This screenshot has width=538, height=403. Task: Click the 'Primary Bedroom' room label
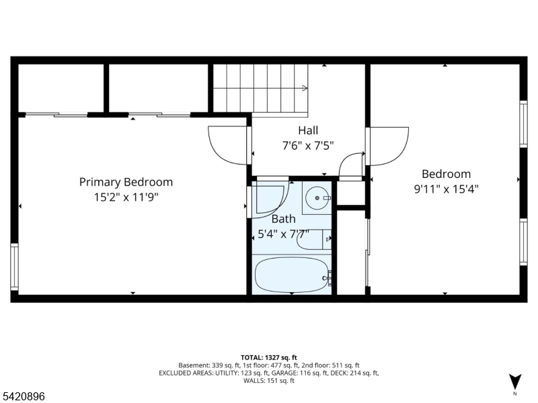tap(126, 182)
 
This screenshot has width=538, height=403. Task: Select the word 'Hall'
tap(308, 130)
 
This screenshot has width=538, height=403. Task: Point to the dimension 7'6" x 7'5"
tap(308, 145)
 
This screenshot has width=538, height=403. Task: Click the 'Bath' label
tap(283, 219)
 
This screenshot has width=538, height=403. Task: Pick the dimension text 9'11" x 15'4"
tap(446, 189)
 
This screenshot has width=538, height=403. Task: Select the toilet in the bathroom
tap(313, 240)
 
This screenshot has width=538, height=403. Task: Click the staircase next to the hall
tap(262, 88)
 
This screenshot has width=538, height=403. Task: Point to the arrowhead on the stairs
tap(305, 88)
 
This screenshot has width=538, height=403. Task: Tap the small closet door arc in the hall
tap(351, 167)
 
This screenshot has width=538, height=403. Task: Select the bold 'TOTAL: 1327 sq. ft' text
tap(269, 357)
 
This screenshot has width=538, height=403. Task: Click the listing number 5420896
tap(23, 397)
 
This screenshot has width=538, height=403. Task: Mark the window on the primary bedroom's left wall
tap(14, 267)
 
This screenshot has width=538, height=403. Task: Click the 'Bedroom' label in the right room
tap(446, 174)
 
